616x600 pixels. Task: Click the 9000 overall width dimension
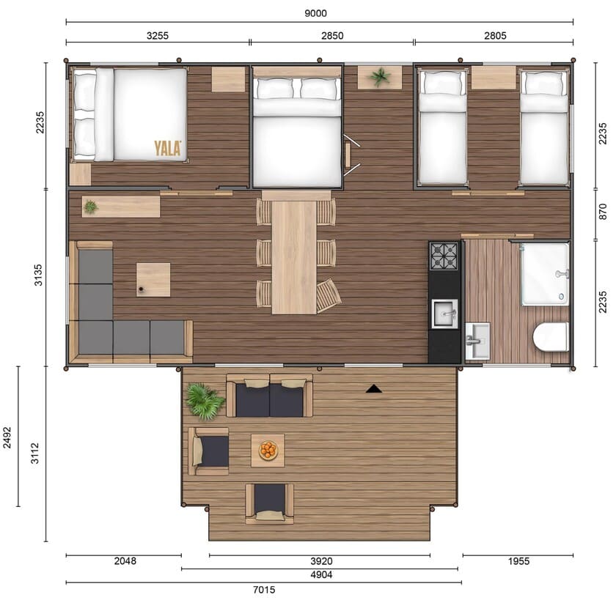315,13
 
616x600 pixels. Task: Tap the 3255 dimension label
158,36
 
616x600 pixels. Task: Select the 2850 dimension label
332,36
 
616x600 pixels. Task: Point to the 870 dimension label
603,212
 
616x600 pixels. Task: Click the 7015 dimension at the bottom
264,590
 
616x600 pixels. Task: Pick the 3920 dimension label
321,561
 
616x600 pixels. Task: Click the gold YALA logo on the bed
168,148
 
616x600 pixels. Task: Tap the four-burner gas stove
444,256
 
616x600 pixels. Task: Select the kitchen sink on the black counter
444,314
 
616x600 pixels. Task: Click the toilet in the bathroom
551,337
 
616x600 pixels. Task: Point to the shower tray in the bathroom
545,274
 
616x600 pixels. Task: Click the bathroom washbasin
477,341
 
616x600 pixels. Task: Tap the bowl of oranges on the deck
268,450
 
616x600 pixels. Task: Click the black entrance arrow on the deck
373,389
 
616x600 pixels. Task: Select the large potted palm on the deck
205,401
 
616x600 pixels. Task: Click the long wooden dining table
294,257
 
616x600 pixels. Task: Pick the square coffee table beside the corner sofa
153,280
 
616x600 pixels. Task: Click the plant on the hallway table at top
380,76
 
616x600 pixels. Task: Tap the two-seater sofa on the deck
270,396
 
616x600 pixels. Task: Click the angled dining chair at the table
329,295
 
